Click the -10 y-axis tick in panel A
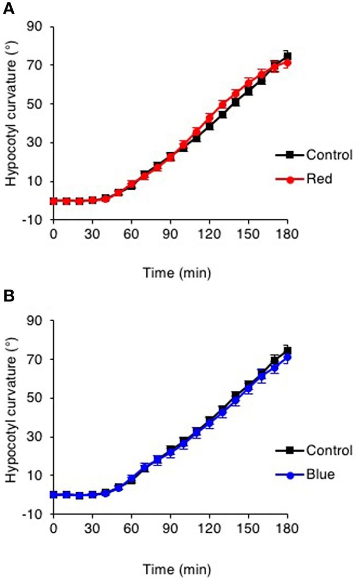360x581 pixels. coord(35,220)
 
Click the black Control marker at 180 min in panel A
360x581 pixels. coord(287,56)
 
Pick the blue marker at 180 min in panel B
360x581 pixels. coord(287,357)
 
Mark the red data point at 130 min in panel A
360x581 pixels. coord(222,105)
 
